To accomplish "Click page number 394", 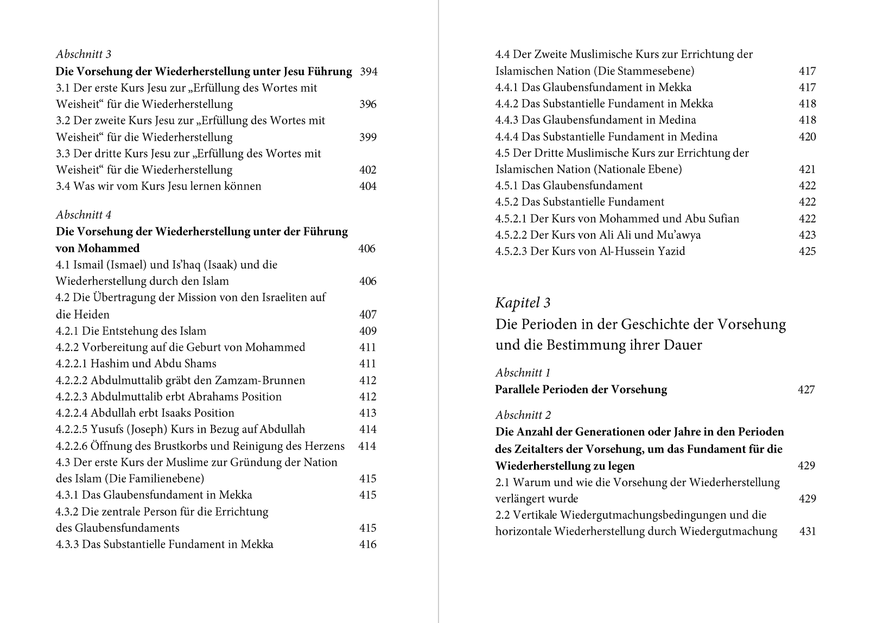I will (368, 72).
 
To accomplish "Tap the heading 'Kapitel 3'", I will (523, 303).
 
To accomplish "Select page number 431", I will (808, 531).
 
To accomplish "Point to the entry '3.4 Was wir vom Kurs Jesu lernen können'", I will (158, 186).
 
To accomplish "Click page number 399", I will (367, 137).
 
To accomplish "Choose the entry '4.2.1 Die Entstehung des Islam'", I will (131, 330).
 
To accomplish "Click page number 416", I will (367, 544).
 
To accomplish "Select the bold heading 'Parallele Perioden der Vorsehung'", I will (581, 389).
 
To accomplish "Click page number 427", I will (806, 389).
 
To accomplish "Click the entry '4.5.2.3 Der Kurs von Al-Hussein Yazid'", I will (590, 251).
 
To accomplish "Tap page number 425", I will (807, 251).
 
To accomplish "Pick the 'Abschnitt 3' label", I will (84, 54).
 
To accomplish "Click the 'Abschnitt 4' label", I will (84, 215).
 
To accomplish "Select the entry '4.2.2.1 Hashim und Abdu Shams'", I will (136, 363).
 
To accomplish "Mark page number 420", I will (807, 136).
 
